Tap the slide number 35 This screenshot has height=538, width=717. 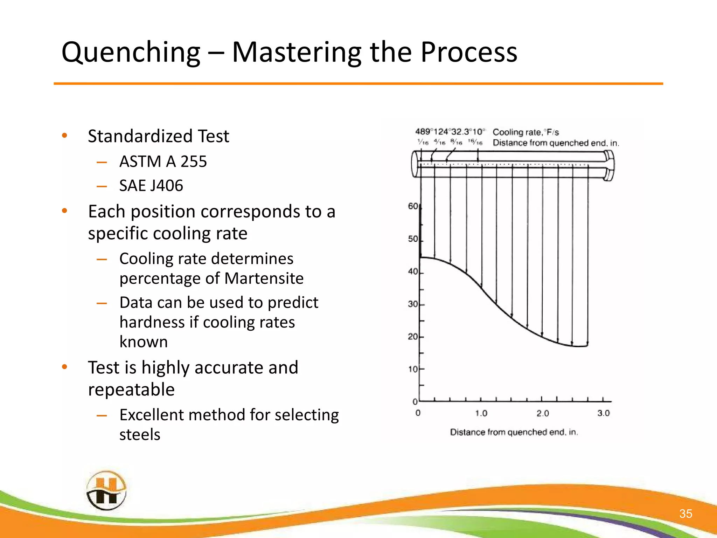(x=685, y=513)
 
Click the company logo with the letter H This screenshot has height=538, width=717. (x=106, y=491)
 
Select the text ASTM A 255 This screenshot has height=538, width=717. (x=163, y=161)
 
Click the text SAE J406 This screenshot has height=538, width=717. (x=151, y=186)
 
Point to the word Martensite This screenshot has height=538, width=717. (x=264, y=278)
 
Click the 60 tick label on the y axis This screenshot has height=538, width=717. (x=413, y=206)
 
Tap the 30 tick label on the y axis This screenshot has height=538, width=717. (x=413, y=304)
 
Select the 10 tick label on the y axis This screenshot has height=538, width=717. (x=413, y=369)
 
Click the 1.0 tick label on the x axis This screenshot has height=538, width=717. (x=481, y=413)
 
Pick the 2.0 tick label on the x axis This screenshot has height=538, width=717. (x=542, y=413)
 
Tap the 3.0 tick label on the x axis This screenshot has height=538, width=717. (x=603, y=413)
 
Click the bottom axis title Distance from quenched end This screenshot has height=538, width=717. (x=514, y=432)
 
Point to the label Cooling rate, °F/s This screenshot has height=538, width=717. (x=525, y=132)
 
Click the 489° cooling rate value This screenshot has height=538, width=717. (x=424, y=132)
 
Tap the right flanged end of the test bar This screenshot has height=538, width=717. (x=609, y=165)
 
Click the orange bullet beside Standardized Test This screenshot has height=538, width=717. (x=64, y=136)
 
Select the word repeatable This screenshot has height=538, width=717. (x=131, y=389)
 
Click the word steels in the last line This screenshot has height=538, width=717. (x=140, y=435)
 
